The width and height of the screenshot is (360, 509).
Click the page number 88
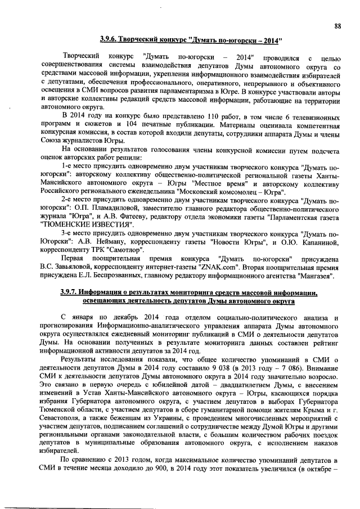point(337,25)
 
